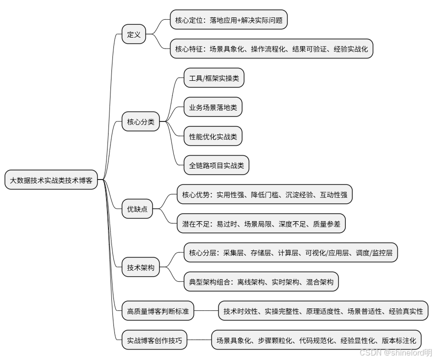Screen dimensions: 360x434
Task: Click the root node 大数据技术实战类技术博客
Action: point(52,180)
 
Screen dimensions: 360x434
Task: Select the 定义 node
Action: point(134,35)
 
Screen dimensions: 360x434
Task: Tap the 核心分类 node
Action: point(141,121)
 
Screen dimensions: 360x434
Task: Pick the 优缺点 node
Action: point(137,209)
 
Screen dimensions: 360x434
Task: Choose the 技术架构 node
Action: point(141,268)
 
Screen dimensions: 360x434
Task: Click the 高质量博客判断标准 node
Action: point(158,311)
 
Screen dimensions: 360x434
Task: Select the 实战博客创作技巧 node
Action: point(155,341)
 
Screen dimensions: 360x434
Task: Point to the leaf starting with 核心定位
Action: point(228,21)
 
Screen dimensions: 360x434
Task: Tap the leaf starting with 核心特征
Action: point(271,49)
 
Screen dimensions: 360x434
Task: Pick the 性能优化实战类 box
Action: point(213,136)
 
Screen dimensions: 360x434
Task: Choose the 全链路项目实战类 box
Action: point(217,166)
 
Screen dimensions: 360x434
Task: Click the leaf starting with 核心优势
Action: point(265,195)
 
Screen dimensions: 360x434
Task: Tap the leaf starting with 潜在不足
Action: point(261,224)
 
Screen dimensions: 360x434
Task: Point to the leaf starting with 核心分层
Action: point(290,253)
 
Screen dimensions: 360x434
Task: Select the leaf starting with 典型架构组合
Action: point(261,282)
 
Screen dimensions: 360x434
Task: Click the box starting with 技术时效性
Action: point(323,311)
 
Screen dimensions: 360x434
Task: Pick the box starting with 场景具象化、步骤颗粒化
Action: point(317,341)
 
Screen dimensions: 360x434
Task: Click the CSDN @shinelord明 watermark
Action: point(395,352)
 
